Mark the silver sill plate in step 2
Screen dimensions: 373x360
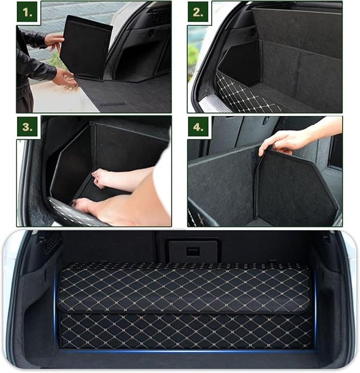212,104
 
